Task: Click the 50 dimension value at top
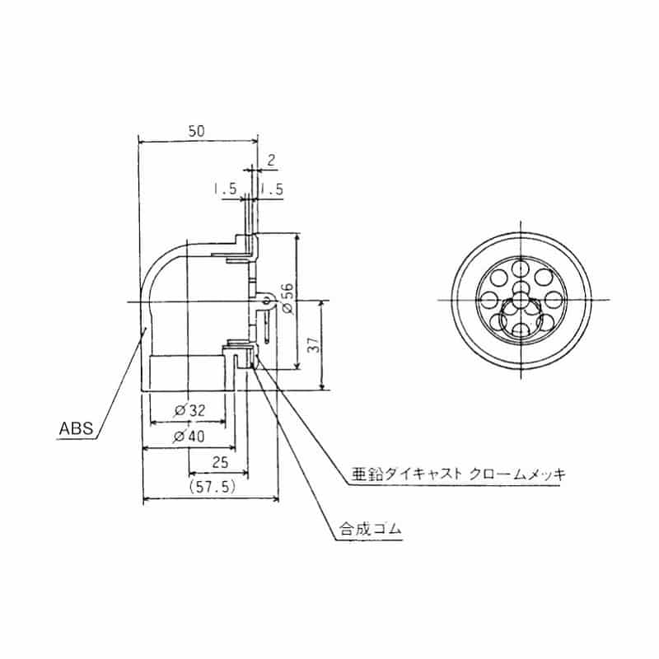pos(196,130)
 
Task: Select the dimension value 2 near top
pos(271,158)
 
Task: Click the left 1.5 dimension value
pos(225,189)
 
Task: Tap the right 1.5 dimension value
pos(272,189)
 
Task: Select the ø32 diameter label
pos(189,409)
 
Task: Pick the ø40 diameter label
pos(189,437)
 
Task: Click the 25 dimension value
pos(221,462)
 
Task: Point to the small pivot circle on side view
pos(267,301)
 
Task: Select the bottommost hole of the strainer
pos(522,330)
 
